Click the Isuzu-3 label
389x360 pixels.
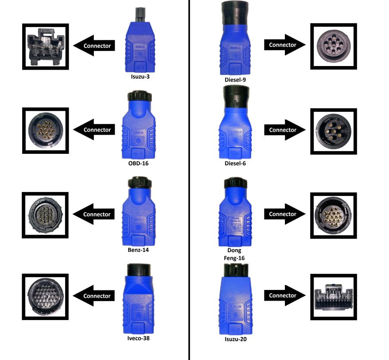point(140,76)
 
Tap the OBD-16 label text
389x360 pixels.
point(138,163)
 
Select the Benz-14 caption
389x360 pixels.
point(138,250)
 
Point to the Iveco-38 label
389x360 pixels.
point(138,338)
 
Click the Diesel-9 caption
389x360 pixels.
point(235,80)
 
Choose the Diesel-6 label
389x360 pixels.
point(235,163)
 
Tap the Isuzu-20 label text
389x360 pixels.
point(236,339)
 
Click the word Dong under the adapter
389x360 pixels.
point(234,250)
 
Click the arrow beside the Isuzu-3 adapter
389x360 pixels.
point(94,46)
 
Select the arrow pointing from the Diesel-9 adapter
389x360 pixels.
point(285,45)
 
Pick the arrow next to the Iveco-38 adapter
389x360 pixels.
point(94,296)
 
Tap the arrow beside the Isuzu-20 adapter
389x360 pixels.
point(285,295)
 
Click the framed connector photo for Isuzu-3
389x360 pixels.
point(45,47)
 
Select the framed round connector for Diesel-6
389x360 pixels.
point(334,131)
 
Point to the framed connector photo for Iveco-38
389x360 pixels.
point(45,297)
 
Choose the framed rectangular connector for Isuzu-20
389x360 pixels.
point(334,297)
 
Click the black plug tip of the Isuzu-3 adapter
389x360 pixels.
point(140,15)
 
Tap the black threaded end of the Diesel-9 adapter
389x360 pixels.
point(235,13)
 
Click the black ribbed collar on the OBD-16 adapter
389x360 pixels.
point(140,96)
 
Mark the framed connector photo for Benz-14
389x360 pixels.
point(45,215)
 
